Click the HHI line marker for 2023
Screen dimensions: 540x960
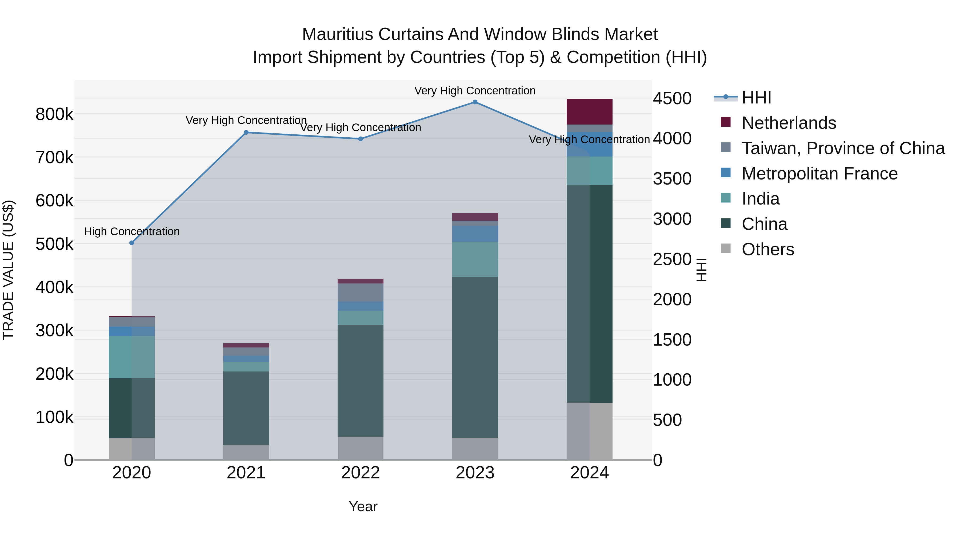[475, 102]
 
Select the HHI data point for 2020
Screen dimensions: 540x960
[131, 243]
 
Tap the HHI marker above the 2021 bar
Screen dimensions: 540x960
[246, 132]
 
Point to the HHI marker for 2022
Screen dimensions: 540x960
[360, 139]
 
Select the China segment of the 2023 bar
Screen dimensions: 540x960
[475, 357]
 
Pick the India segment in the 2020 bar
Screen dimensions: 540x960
[131, 357]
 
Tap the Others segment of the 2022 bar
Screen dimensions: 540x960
[360, 448]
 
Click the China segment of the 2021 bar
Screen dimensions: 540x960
[246, 408]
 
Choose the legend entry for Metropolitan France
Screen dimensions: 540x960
[819, 174]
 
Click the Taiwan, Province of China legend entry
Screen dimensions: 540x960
[843, 148]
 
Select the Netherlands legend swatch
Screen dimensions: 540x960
[726, 122]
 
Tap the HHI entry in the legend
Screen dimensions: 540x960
[756, 98]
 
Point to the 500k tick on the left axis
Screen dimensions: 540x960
[54, 245]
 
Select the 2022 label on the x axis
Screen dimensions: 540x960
[360, 473]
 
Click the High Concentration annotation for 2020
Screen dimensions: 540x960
[131, 231]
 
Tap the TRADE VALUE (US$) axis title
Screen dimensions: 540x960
[8, 270]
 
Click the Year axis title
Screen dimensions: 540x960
[363, 506]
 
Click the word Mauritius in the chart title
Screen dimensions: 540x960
[337, 34]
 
